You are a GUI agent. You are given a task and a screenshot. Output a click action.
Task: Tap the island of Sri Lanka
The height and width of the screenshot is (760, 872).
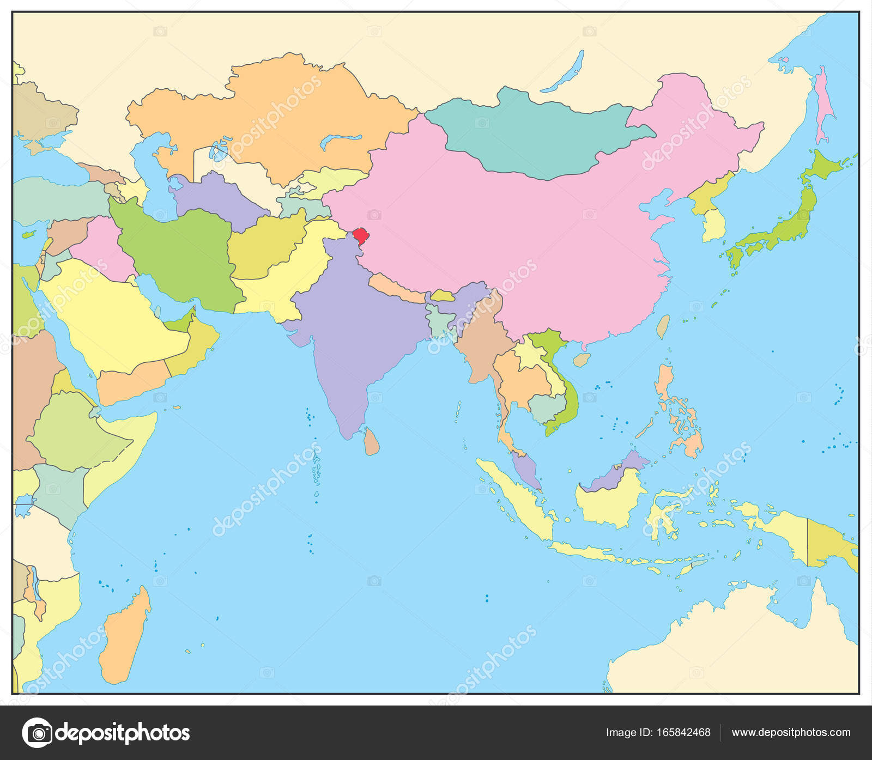point(372,442)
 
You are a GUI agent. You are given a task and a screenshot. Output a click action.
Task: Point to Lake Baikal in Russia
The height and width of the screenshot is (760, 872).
point(564,71)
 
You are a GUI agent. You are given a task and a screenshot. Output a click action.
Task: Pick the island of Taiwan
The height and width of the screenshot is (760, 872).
point(663,326)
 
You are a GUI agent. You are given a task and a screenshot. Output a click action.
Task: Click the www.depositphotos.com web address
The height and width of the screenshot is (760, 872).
point(791,732)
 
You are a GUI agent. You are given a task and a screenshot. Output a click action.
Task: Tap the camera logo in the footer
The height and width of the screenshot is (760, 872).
point(37,732)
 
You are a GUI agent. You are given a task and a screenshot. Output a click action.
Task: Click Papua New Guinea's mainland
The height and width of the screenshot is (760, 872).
point(828,545)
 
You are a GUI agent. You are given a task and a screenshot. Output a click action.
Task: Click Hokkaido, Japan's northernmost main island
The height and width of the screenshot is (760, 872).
point(823,166)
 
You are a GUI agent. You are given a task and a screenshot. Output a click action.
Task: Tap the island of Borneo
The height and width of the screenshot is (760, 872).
point(610,498)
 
